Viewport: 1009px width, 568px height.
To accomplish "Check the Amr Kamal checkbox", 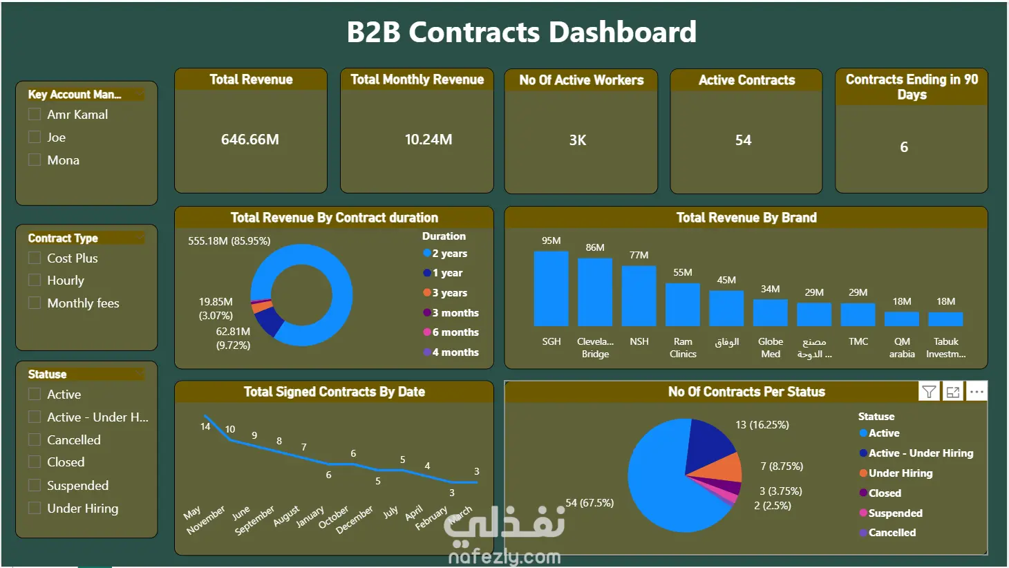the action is [x=35, y=115].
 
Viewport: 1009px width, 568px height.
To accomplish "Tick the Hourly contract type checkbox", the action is [x=35, y=280].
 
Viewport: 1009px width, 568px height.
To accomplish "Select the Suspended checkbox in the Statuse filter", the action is [x=35, y=485].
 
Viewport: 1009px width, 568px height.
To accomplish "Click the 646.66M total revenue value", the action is [x=250, y=140].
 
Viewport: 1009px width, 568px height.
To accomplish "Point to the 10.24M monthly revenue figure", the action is [x=428, y=140].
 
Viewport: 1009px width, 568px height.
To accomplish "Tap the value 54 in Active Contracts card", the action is [x=743, y=140].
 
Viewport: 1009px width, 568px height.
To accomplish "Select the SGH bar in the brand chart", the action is [x=551, y=288].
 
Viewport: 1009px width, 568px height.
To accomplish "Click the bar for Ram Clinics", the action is [x=683, y=305].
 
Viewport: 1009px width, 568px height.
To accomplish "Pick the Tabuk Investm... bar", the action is [x=945, y=319].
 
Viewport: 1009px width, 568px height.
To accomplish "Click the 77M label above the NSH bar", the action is [x=639, y=255].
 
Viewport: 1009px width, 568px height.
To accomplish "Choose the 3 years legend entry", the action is [x=445, y=293].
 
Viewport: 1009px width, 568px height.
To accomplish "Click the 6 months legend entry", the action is [x=451, y=332].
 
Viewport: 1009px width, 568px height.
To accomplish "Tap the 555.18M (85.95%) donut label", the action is [x=229, y=241].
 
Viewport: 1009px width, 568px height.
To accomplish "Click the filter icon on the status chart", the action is [x=929, y=392].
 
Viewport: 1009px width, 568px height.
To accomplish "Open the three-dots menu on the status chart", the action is [x=977, y=392].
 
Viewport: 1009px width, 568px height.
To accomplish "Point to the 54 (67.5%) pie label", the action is [x=590, y=502].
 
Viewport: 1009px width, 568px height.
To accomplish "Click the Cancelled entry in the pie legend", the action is [x=887, y=533].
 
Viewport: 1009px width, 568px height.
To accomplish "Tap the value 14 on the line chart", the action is [x=205, y=426].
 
